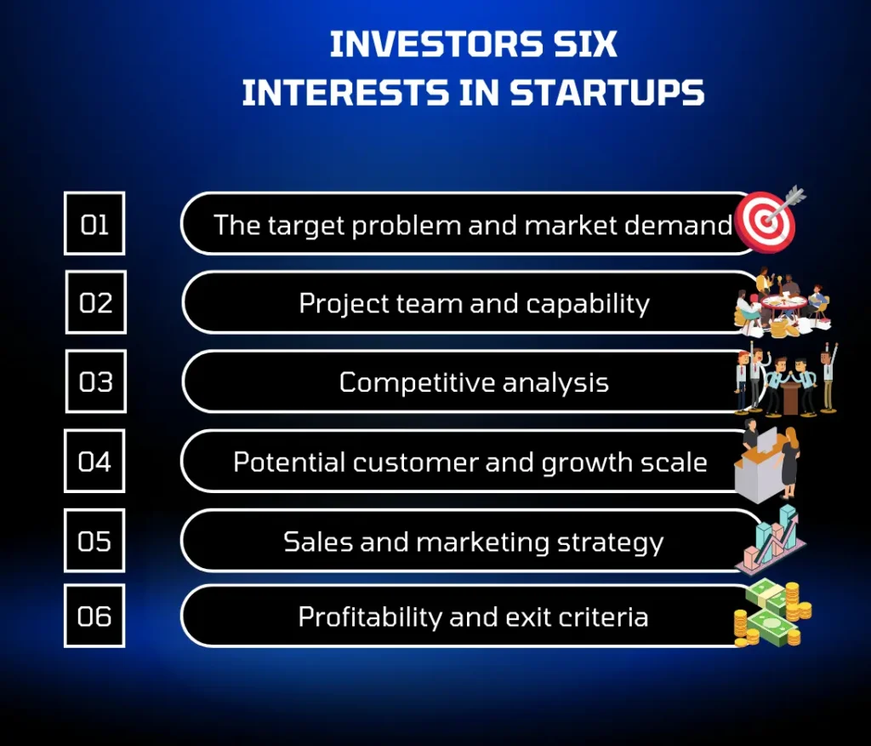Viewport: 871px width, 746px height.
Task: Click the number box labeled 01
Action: [94, 223]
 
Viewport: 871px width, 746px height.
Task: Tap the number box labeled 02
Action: [95, 302]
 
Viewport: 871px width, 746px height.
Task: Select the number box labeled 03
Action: [95, 381]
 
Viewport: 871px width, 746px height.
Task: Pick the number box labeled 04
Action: [94, 461]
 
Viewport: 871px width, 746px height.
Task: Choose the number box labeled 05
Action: [94, 540]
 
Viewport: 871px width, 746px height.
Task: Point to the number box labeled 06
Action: [94, 616]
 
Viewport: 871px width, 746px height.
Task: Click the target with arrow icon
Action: [769, 219]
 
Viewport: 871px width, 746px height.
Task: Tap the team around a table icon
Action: [783, 302]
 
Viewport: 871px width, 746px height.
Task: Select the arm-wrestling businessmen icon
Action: [785, 380]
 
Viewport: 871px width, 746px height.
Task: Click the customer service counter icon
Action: [768, 461]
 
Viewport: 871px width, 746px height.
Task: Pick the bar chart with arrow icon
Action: [771, 541]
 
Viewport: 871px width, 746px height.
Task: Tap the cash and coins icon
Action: [772, 613]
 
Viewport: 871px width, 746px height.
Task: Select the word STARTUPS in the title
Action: [607, 92]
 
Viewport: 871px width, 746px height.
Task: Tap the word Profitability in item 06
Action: [370, 617]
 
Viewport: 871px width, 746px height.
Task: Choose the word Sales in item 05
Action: [318, 542]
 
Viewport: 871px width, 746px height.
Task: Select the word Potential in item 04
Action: [289, 462]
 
